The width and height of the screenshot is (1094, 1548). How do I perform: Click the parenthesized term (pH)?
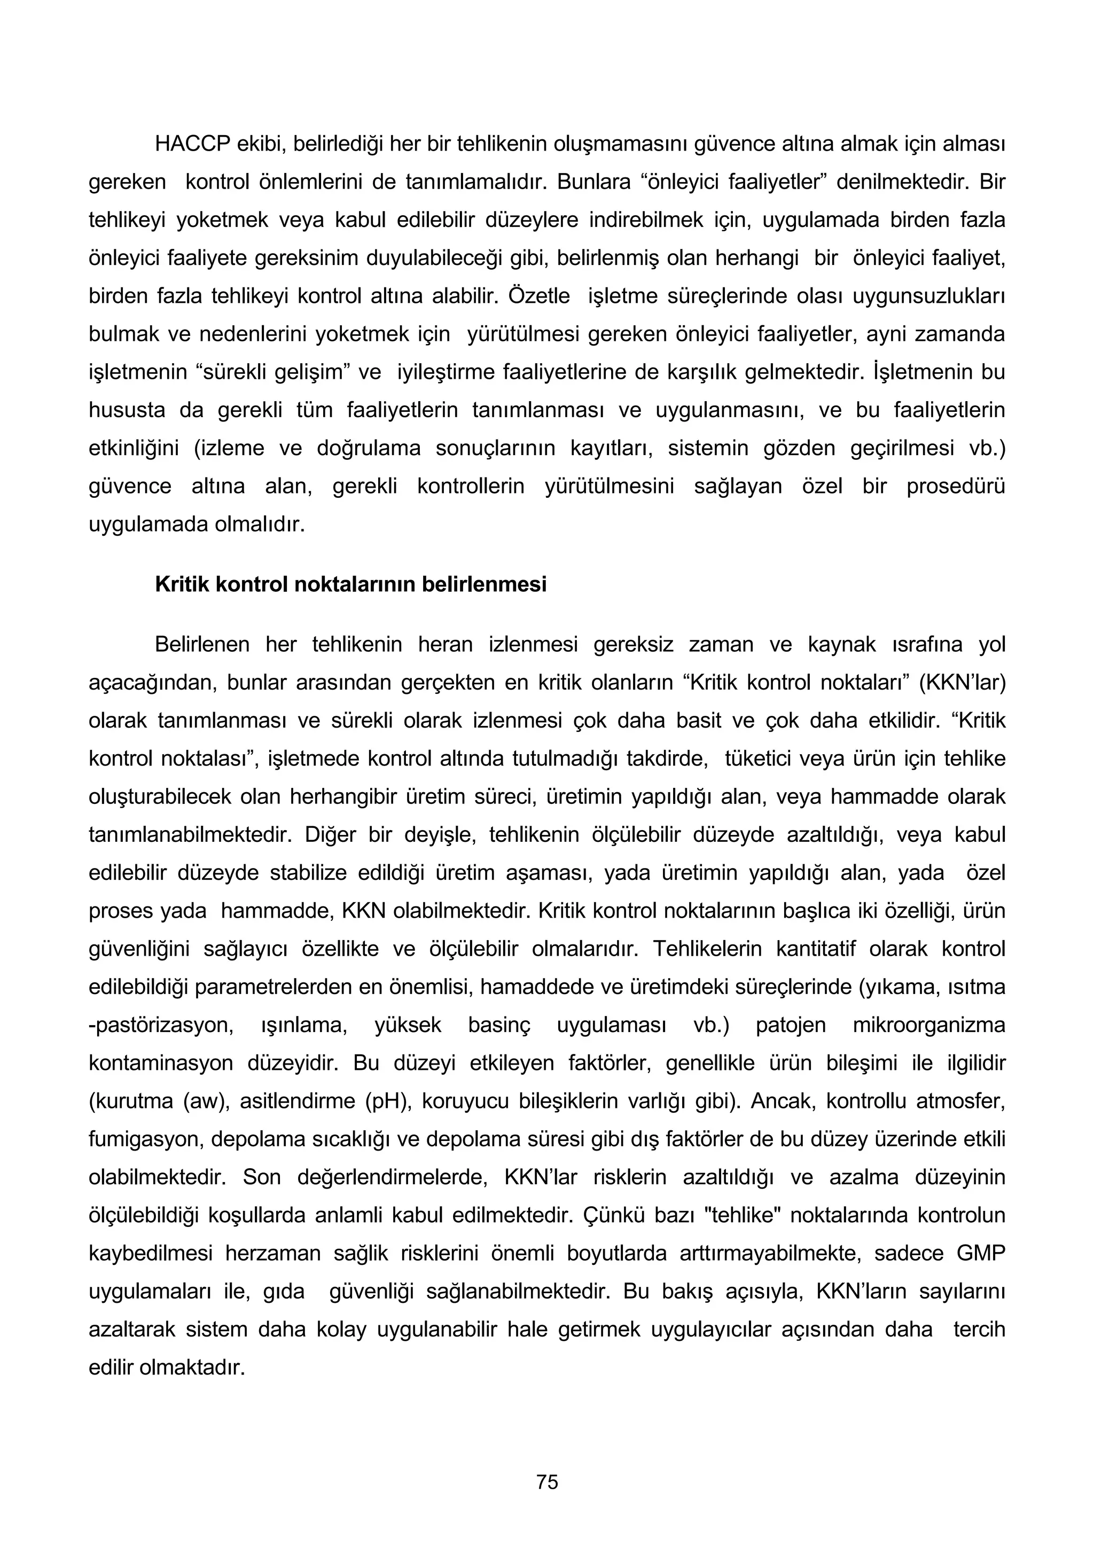tap(386, 1101)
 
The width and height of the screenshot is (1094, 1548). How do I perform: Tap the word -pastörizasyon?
tap(161, 1025)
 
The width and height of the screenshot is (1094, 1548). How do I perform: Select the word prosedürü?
tap(955, 486)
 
